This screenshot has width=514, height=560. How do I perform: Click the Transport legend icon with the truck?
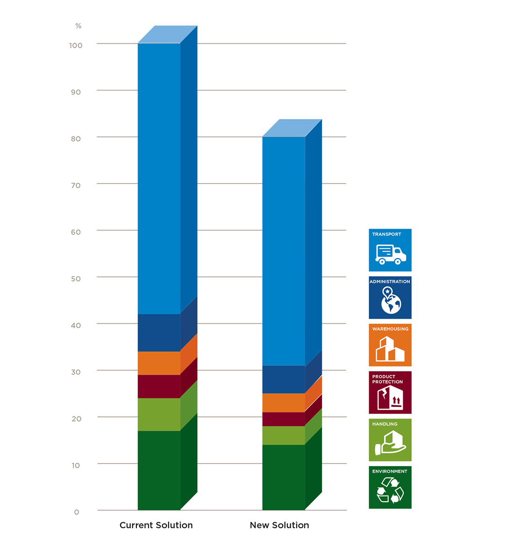click(x=390, y=250)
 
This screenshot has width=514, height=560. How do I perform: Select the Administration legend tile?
click(x=390, y=297)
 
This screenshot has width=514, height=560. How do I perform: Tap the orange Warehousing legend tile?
click(x=390, y=345)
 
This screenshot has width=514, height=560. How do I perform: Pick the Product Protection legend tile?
click(x=390, y=392)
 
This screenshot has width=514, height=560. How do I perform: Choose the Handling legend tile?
click(x=390, y=440)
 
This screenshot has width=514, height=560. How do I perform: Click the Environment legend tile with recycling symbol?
click(x=390, y=487)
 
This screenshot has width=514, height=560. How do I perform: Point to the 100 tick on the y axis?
click(x=76, y=45)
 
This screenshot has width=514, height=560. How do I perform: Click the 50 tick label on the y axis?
click(x=76, y=279)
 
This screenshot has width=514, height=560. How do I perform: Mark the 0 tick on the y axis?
click(x=77, y=512)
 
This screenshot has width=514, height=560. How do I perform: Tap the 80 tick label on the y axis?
click(x=76, y=139)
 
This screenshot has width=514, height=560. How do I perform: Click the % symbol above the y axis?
click(x=78, y=26)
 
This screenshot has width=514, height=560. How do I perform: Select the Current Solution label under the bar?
click(x=156, y=525)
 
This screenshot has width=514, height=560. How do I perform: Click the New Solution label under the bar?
click(x=279, y=525)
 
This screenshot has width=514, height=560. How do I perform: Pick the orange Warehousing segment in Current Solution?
click(x=159, y=363)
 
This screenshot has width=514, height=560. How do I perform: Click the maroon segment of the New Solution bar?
click(x=284, y=419)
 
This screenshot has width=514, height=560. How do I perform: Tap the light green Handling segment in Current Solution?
click(x=159, y=414)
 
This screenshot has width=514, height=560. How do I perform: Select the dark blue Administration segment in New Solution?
click(x=284, y=379)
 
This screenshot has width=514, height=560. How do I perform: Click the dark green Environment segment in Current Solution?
click(x=159, y=470)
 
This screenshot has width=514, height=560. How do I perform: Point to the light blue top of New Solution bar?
click(x=292, y=127)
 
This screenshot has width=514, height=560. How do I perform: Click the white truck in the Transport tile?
click(x=391, y=255)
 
